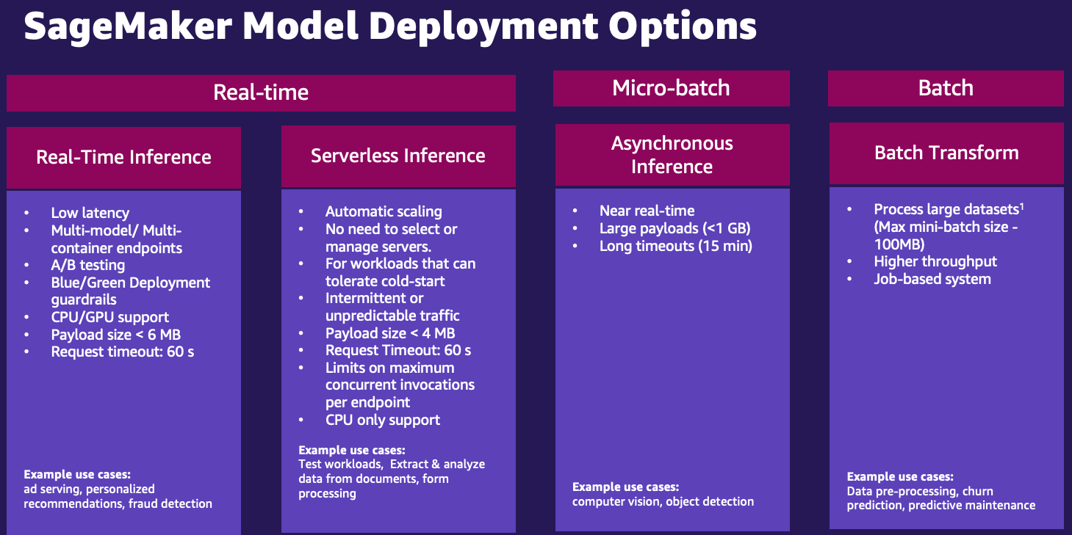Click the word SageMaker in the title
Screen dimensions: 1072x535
pyautogui.click(x=129, y=26)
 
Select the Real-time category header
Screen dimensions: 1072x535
pyautogui.click(x=261, y=92)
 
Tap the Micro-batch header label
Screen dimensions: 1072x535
pyautogui.click(x=671, y=88)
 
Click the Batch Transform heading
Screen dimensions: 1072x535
pyautogui.click(x=946, y=153)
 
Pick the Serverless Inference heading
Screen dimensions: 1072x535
pyautogui.click(x=398, y=156)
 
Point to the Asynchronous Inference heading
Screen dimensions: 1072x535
pyautogui.click(x=672, y=155)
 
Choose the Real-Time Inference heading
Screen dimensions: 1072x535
pyautogui.click(x=123, y=157)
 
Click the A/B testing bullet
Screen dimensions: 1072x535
pyautogui.click(x=88, y=265)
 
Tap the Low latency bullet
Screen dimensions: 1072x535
pyautogui.click(x=90, y=213)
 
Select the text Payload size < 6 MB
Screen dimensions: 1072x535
pyautogui.click(x=116, y=335)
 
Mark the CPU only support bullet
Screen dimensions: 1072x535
pyautogui.click(x=382, y=420)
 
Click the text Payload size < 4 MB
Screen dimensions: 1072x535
pyautogui.click(x=390, y=333)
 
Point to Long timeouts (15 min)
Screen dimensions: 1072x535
pyautogui.click(x=676, y=247)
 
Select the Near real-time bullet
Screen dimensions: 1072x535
pyautogui.click(x=647, y=211)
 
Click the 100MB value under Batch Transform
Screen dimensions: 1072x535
pyautogui.click(x=899, y=244)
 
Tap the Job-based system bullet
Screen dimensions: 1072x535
pyautogui.click(x=932, y=279)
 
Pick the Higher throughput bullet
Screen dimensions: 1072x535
pyautogui.click(x=935, y=261)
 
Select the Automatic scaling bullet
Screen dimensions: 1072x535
pyautogui.click(x=384, y=212)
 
